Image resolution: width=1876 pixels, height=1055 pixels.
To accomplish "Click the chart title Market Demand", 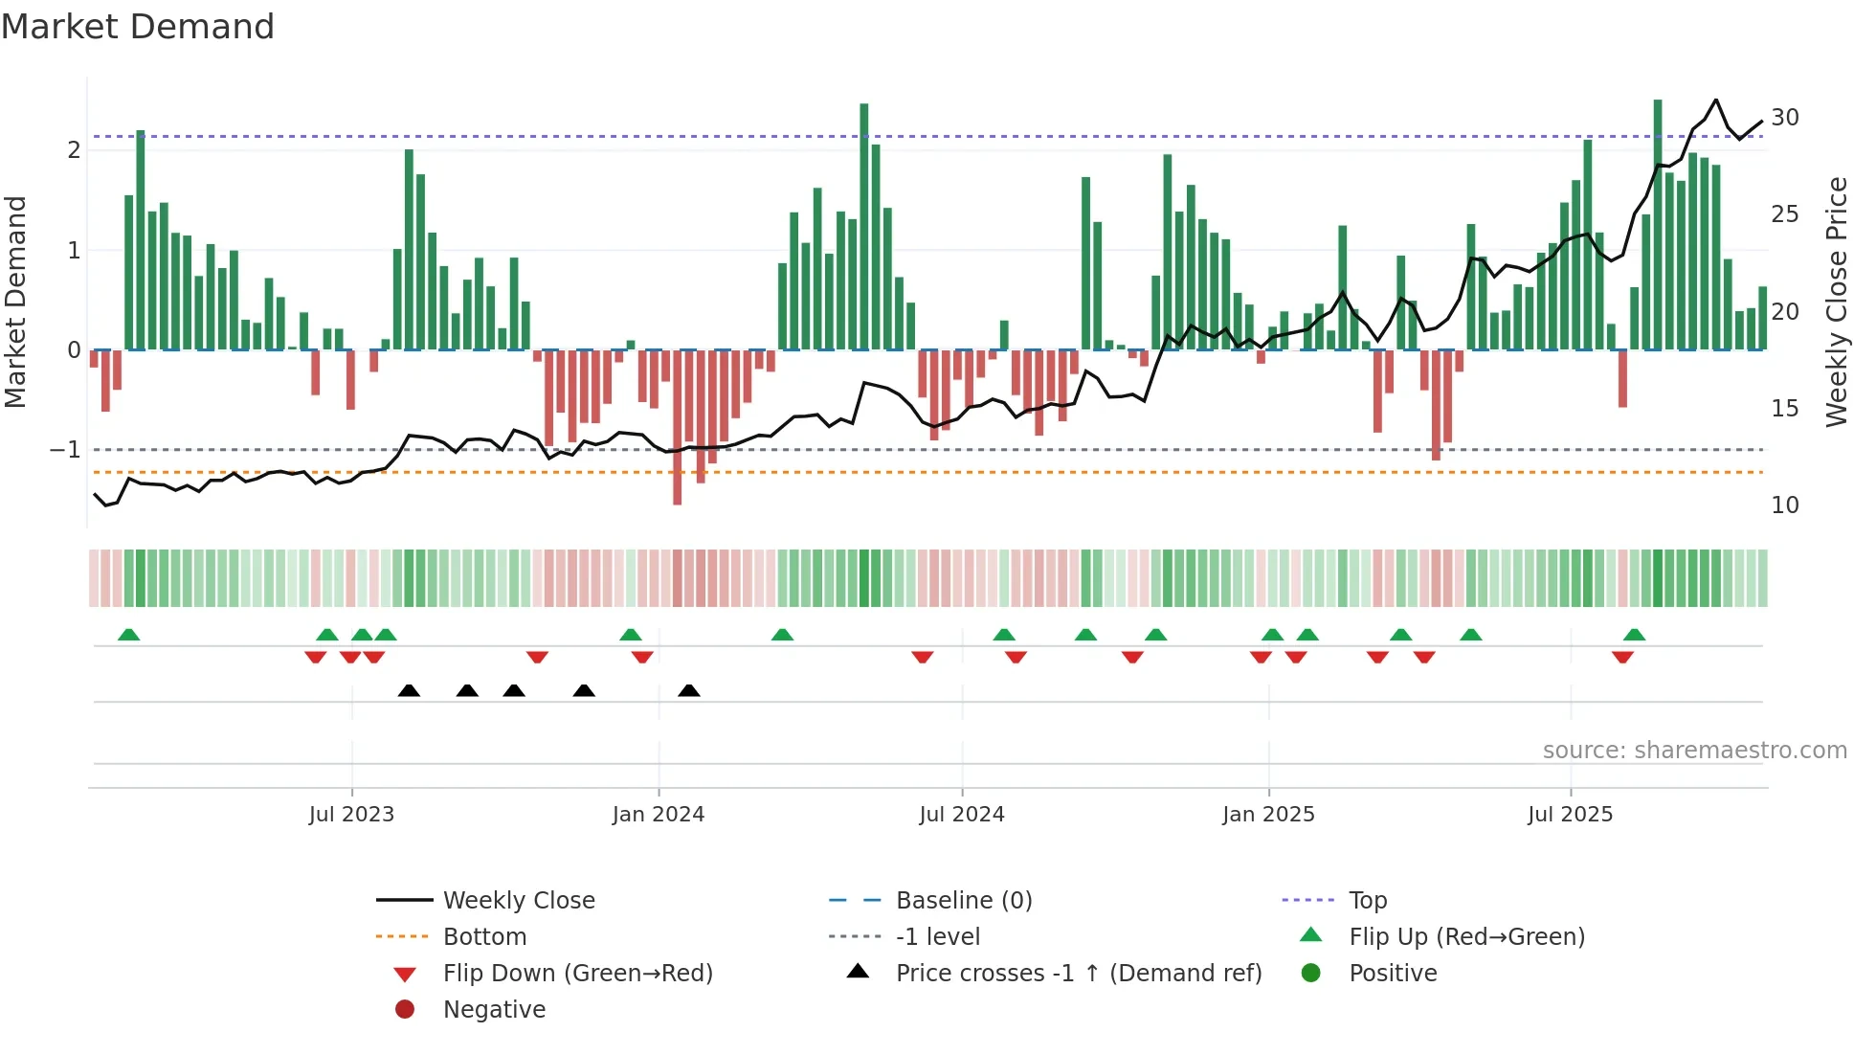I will point(138,27).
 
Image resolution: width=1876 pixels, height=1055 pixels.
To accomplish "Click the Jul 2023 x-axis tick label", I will point(351,815).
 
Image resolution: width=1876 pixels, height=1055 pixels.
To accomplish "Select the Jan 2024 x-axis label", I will point(659,815).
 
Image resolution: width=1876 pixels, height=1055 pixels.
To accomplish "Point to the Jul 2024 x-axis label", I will point(962,815).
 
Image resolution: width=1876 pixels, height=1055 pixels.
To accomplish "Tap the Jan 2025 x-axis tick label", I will point(1268,815).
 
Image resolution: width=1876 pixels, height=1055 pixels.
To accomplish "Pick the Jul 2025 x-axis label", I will point(1571,815).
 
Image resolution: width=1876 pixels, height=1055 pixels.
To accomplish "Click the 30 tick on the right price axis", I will point(1785,118).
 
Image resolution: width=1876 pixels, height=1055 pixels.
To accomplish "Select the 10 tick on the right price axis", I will point(1785,505).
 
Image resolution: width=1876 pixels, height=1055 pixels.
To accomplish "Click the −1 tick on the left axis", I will point(66,450).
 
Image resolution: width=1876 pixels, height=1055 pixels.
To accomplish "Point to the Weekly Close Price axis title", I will point(1836,302).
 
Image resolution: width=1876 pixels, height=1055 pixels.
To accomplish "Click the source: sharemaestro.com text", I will point(1694,751).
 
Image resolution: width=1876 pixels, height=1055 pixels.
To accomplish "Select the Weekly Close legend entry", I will point(519,901).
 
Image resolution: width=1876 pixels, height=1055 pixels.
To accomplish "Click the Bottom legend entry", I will point(484,937).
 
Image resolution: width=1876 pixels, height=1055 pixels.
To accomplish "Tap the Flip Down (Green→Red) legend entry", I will point(577,974).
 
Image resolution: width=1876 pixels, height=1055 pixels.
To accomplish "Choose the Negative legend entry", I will point(494,1010).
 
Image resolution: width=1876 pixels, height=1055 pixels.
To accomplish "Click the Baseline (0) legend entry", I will point(964,901).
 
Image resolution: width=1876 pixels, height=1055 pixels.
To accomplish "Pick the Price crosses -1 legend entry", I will point(1079,974).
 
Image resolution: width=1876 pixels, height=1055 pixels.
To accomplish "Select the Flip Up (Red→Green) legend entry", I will point(1466,937).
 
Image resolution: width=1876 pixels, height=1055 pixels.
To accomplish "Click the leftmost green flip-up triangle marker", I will point(129,635).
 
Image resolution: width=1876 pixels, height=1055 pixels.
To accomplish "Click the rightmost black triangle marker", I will point(689,690).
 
